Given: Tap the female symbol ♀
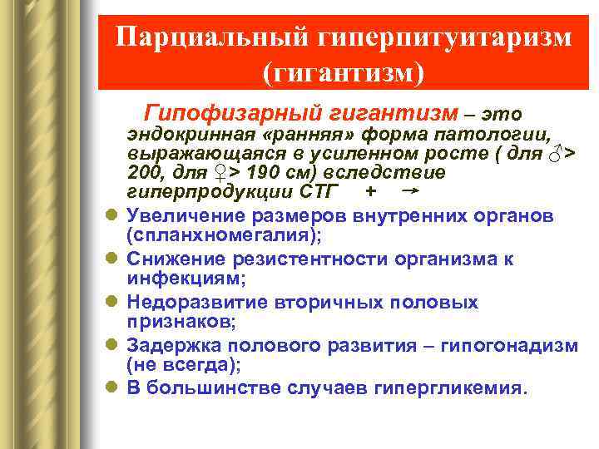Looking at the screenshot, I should [x=220, y=173].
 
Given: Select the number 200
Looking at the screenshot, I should [x=146, y=173].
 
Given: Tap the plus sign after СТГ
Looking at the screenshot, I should [x=369, y=193].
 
